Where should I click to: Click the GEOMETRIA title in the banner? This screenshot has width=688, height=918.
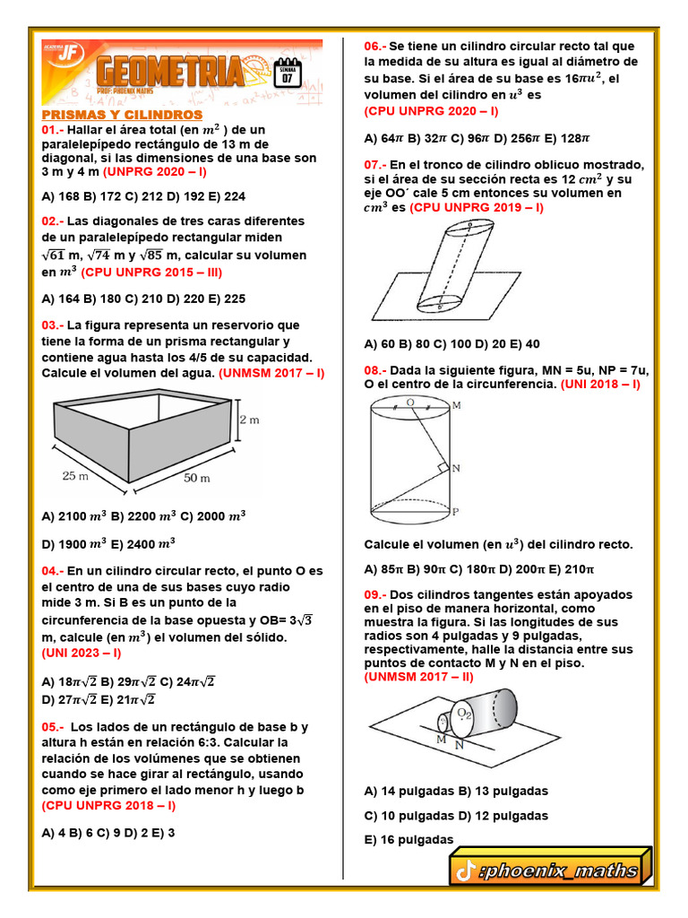170,73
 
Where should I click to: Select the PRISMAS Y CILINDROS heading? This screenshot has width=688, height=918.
122,116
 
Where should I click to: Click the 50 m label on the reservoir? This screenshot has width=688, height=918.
198,479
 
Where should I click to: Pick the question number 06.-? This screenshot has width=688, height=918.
375,46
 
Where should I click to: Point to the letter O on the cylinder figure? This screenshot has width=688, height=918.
409,403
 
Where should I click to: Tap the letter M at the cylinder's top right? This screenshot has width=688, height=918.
457,405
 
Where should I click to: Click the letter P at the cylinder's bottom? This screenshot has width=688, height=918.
456,512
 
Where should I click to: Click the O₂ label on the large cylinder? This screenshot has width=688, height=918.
465,713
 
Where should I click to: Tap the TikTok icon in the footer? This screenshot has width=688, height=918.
464,870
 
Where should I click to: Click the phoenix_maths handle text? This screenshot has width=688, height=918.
561,870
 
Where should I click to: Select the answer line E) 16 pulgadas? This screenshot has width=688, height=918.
409,840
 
